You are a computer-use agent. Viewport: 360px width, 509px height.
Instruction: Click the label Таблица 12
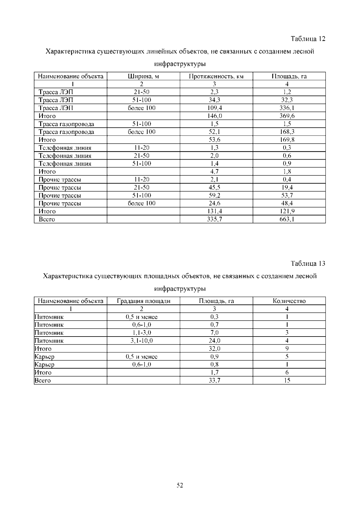click(308, 39)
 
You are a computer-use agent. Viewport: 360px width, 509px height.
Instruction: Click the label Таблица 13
click(308, 264)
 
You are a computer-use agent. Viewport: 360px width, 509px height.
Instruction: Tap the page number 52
click(180, 485)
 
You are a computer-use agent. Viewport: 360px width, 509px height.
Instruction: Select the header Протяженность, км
click(216, 76)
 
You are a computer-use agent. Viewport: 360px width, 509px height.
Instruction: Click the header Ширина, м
click(143, 76)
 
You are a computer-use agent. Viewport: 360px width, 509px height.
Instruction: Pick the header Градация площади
click(143, 301)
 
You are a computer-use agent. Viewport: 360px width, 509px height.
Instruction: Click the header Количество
click(289, 301)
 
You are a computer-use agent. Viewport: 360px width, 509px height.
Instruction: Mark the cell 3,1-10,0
click(142, 341)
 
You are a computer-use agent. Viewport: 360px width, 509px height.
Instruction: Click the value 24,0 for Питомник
click(214, 341)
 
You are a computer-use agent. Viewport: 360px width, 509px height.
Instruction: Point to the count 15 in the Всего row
click(287, 381)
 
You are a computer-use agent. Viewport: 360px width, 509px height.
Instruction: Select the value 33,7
click(214, 381)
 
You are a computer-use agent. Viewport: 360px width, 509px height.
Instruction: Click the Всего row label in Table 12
click(47, 219)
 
